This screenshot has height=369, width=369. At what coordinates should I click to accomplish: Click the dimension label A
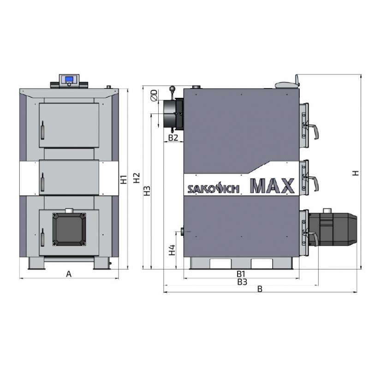click(69, 274)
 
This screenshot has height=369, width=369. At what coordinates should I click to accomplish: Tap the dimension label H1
click(124, 179)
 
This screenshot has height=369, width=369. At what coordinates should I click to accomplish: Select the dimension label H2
click(137, 178)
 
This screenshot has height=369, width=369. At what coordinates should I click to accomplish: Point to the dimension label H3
click(147, 191)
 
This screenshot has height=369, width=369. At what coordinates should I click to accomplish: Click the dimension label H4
click(172, 250)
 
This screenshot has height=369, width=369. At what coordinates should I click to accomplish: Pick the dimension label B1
click(241, 274)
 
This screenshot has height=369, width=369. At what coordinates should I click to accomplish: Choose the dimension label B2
click(173, 137)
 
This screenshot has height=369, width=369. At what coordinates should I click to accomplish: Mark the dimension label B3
click(242, 282)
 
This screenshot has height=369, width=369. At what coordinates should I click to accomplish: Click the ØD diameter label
click(155, 95)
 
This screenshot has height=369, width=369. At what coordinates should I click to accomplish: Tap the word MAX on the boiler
click(272, 186)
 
